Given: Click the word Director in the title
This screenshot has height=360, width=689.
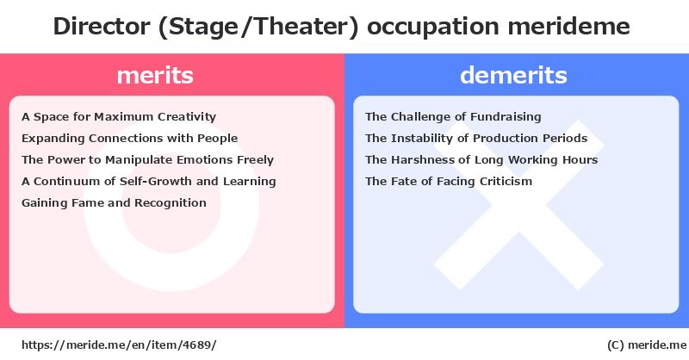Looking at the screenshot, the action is coord(102,26).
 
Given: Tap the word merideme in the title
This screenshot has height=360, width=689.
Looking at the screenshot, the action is coord(568,26).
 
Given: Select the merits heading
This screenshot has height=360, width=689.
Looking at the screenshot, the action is coord(155,75).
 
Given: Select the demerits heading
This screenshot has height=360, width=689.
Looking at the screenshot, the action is coord(513,75).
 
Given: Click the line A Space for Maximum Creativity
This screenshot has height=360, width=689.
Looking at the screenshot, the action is coord(119,117).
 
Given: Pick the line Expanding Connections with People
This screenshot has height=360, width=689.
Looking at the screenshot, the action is coord(130,139).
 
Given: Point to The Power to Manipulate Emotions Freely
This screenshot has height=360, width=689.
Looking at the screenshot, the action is coord(147,160).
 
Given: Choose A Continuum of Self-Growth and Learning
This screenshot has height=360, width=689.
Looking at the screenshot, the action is coord(148,182).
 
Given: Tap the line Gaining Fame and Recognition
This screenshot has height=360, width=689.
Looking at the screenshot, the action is coord(114,203).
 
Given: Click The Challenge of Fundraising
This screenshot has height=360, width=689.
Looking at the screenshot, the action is coord(453,117).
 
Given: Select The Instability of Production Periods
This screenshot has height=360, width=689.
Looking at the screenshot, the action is coord(476,139).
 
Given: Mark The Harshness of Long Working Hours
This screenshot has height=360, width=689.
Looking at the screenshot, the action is coord(481,160).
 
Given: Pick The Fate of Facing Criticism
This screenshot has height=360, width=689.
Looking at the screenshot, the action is coord(449,182).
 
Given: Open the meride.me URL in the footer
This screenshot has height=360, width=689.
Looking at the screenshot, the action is coord(119,345).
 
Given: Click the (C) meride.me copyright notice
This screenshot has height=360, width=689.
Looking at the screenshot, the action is coord(647,345).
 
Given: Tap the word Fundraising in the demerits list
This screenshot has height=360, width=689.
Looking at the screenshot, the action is coord(506,117).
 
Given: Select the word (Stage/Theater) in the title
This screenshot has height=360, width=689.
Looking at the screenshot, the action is coord(258,27).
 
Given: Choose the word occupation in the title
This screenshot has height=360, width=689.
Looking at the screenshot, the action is coord(433,28).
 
